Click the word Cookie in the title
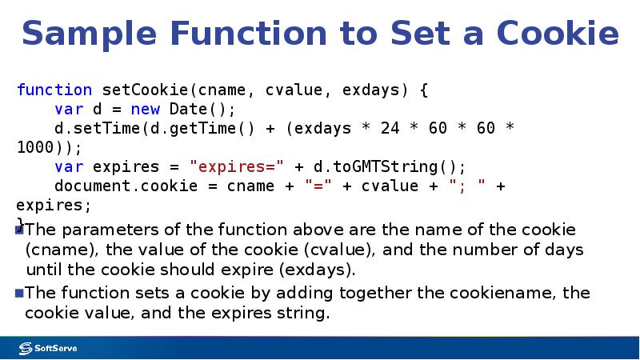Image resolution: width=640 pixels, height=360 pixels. pos(558,34)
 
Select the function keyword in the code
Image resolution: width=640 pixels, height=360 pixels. pos(54,90)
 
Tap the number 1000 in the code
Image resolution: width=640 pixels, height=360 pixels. pos(36,147)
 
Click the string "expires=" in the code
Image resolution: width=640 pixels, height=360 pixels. pos(236,166)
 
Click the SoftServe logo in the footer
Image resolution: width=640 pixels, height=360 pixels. pos(49,348)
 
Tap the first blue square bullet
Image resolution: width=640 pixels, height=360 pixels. pos(20,230)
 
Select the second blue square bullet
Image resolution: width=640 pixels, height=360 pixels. pos(20,293)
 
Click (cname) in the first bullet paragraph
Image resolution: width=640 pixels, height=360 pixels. pos(60,250)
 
